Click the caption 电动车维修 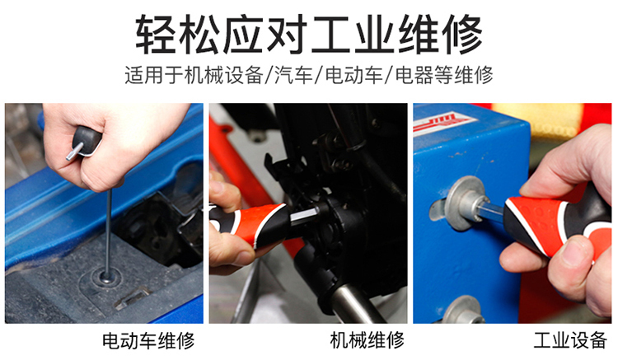point(148,340)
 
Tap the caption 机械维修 point(368,340)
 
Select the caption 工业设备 point(570,340)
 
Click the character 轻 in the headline point(155,35)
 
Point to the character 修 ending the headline point(462,35)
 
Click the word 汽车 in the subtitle point(293,75)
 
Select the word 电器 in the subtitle point(414,75)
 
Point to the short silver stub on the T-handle point(74,152)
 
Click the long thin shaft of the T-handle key point(108,232)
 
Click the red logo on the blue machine point(442,123)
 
